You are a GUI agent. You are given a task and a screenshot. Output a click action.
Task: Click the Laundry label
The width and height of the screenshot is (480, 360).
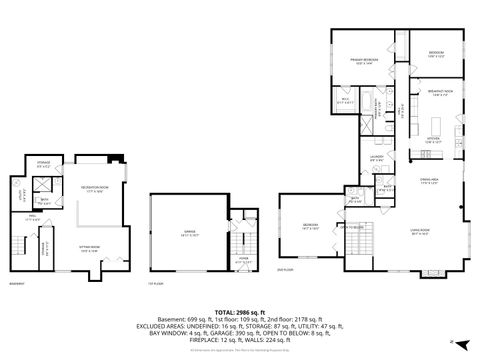point(377,158)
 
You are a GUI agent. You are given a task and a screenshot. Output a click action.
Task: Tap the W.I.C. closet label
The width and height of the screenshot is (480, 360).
point(344,99)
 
